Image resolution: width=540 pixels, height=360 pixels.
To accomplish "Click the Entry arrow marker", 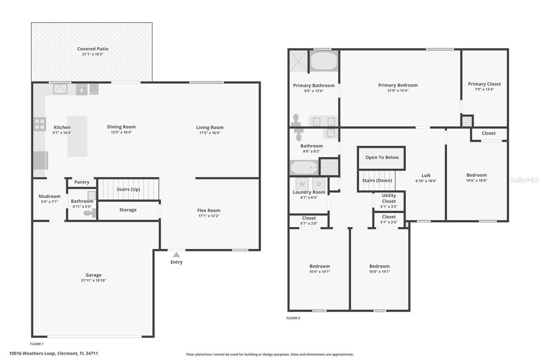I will click(x=176, y=254).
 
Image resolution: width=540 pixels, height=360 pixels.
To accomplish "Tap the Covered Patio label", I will click(x=92, y=49).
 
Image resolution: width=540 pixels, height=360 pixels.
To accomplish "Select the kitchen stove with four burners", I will click(x=40, y=124).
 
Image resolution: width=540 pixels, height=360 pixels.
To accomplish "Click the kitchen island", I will click(x=77, y=136).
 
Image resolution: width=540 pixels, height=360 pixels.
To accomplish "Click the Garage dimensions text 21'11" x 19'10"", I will click(x=93, y=281).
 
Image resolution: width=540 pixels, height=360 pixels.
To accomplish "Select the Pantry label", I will click(x=82, y=182).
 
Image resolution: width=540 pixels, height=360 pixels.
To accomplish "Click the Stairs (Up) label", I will click(x=128, y=189).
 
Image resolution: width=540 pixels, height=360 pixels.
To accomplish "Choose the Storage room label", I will click(x=128, y=210).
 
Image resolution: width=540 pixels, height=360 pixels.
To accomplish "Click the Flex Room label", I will click(x=208, y=211).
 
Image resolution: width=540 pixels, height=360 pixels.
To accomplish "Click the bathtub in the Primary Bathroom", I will click(x=324, y=62).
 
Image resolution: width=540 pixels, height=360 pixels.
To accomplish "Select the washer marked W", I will click(x=302, y=184).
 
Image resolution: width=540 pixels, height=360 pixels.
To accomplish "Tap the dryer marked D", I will click(x=319, y=184).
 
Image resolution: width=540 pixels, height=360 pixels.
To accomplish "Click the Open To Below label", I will click(x=382, y=157).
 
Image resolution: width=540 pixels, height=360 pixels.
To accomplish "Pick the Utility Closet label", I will click(x=389, y=198).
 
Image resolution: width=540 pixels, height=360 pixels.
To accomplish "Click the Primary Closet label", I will click(x=484, y=84).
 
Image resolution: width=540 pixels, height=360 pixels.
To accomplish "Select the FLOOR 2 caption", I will click(x=293, y=318).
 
